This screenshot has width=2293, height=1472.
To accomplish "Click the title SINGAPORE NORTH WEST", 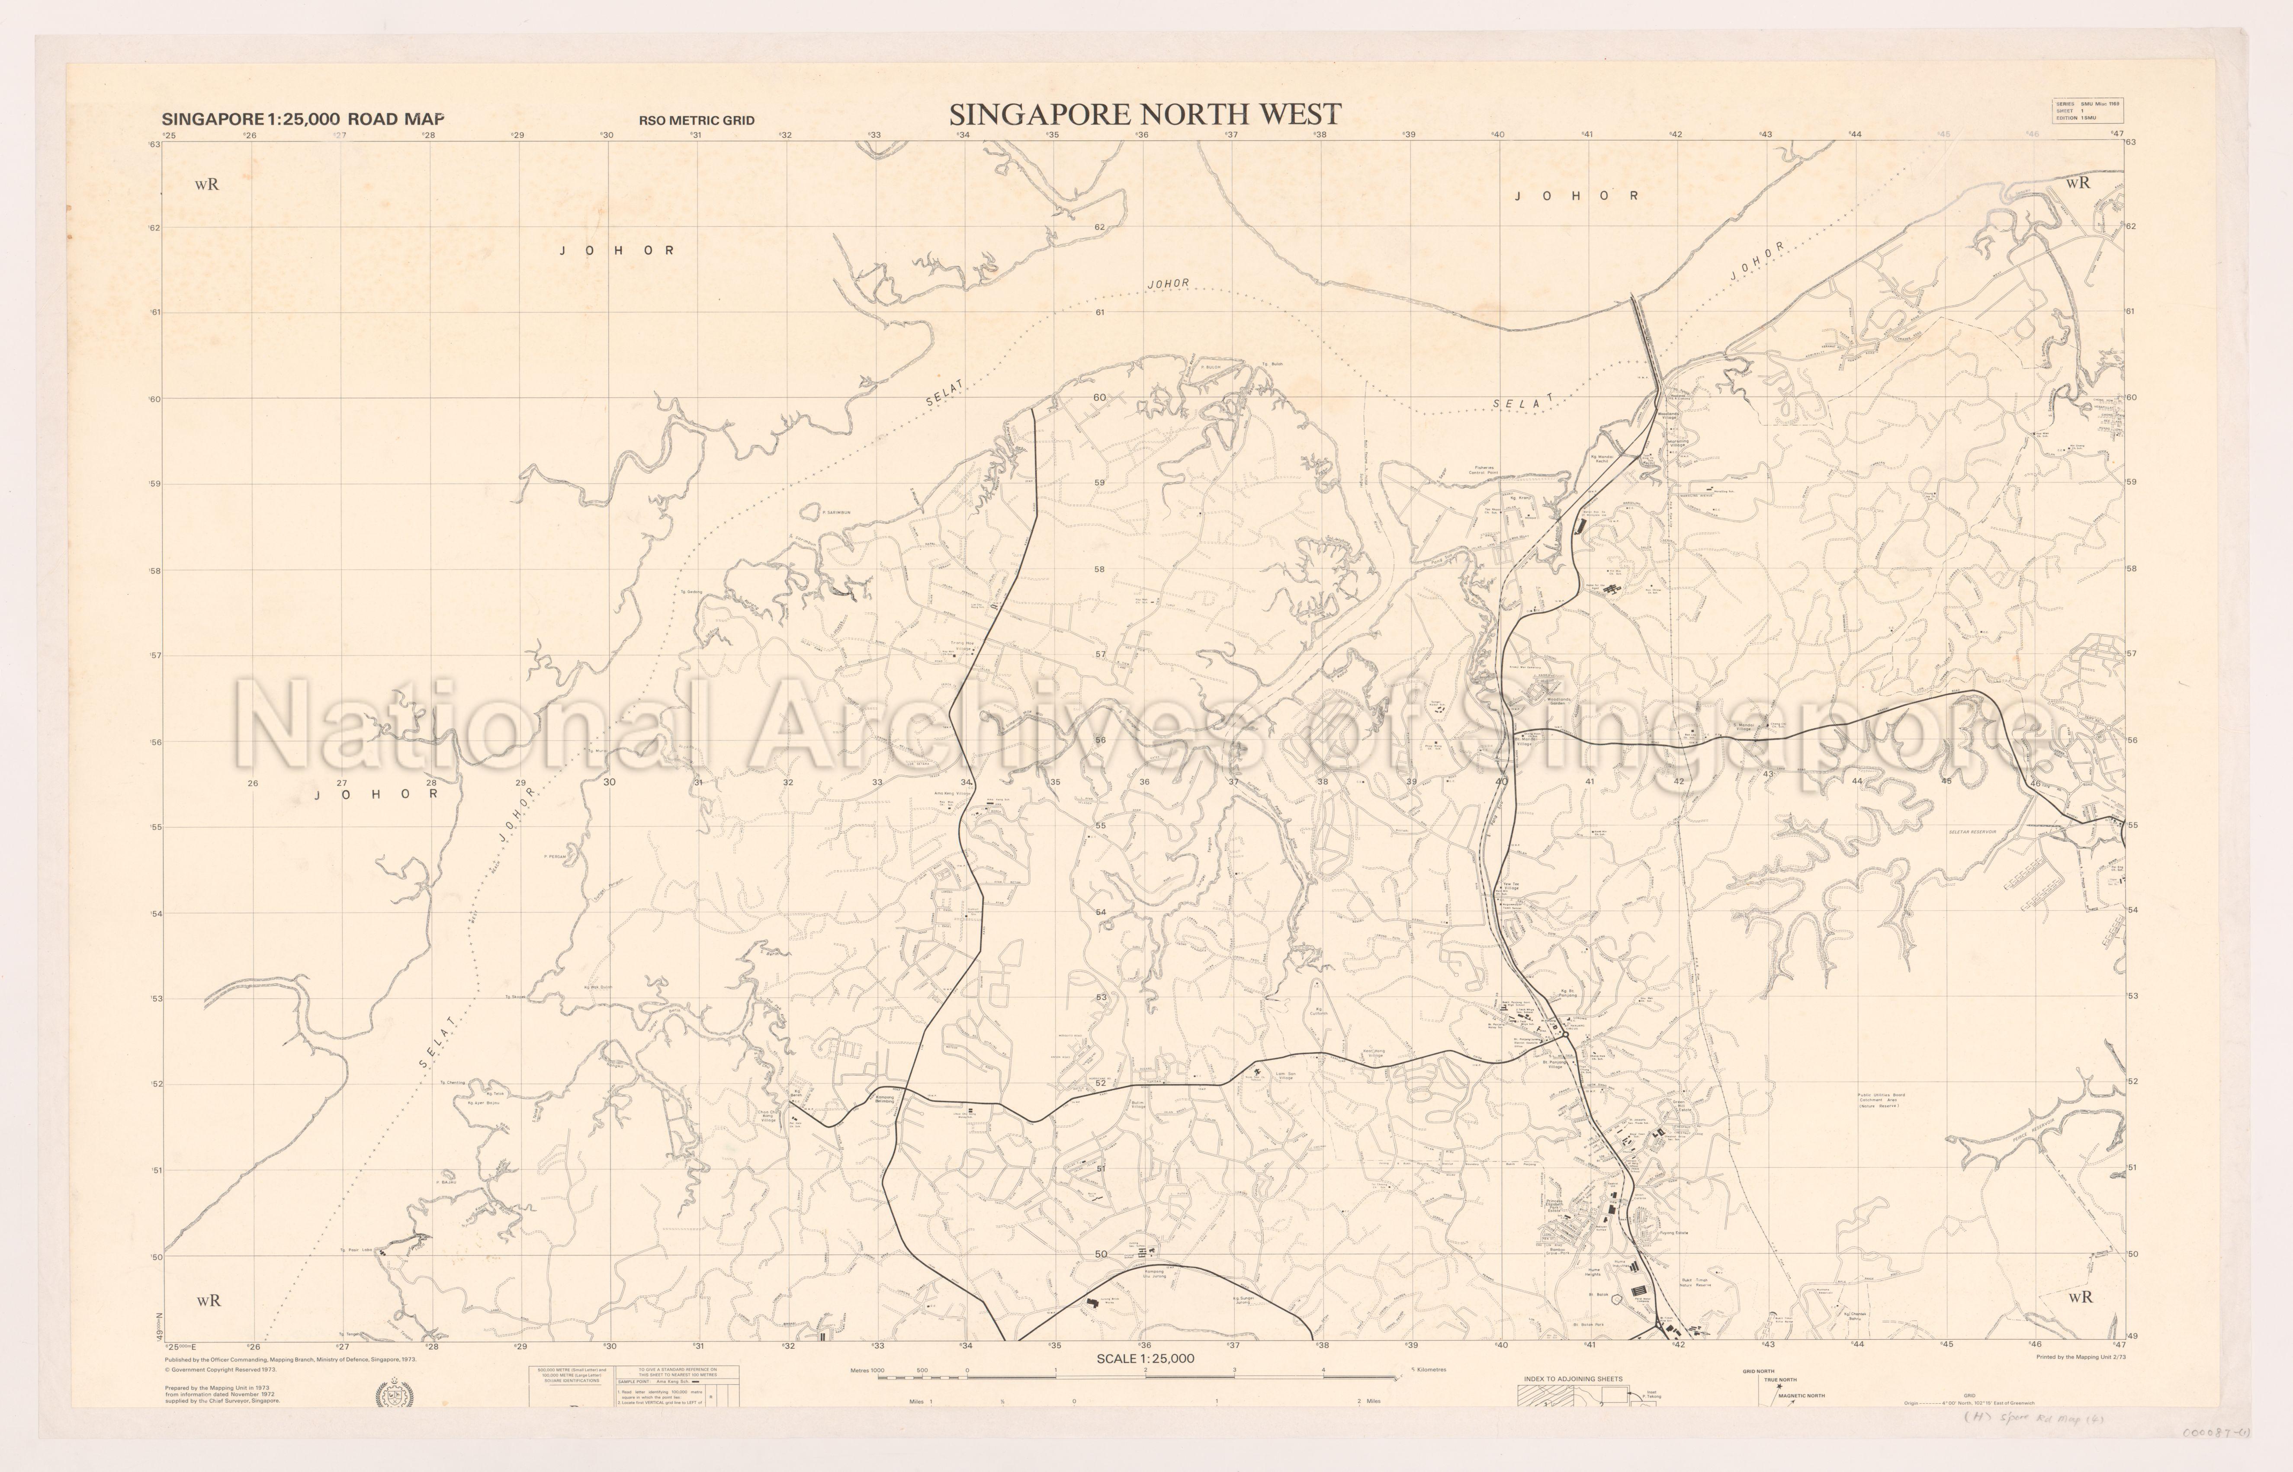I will pyautogui.click(x=1145, y=115).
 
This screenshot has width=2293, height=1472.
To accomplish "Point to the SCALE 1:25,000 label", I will pyautogui.click(x=1145, y=1358).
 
